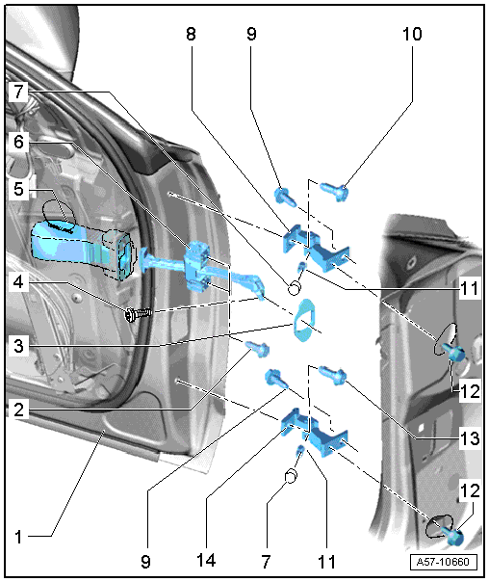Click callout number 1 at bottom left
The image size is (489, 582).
tap(18, 537)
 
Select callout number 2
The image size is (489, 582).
tap(18, 410)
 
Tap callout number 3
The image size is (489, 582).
tap(18, 346)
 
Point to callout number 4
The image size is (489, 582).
tap(18, 282)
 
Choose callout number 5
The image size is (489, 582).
tap(18, 189)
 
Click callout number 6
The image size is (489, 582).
tap(18, 142)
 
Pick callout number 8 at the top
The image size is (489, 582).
tap(191, 34)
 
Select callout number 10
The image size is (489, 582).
tap(412, 34)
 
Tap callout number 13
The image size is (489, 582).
tap(470, 438)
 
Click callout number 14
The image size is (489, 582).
tap(206, 561)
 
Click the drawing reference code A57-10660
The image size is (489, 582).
tap(444, 562)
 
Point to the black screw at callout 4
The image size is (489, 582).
tap(138, 315)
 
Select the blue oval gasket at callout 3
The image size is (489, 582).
tap(304, 320)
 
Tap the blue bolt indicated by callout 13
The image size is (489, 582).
tap(332, 375)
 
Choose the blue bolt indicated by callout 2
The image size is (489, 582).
tap(257, 349)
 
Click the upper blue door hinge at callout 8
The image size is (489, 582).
tap(316, 247)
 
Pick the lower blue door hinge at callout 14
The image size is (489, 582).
tap(315, 432)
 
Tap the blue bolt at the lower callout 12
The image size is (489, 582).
tap(454, 537)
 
